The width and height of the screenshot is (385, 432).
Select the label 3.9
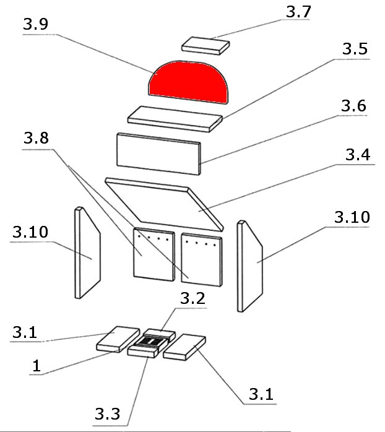coord(35,25)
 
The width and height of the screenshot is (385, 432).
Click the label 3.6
coord(353,106)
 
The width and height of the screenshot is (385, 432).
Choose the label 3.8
coord(36,139)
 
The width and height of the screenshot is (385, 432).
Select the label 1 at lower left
coord(37,366)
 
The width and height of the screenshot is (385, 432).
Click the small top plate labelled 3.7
coord(206,45)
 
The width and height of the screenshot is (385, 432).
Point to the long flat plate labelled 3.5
coord(175,118)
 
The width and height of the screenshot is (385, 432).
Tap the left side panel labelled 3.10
coord(87,254)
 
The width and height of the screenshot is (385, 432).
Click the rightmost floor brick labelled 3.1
coord(184,348)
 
